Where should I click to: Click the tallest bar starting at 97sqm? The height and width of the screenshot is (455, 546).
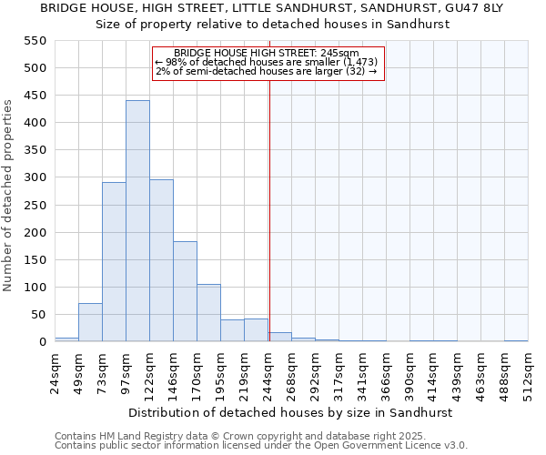click(x=137, y=221)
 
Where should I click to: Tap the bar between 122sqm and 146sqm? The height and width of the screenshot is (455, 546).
click(x=161, y=260)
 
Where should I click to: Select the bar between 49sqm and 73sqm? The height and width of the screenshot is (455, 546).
click(x=90, y=322)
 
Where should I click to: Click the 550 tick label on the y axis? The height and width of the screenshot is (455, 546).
click(x=35, y=41)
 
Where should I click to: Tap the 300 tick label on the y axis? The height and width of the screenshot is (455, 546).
click(x=35, y=177)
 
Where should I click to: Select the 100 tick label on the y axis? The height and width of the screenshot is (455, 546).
click(x=35, y=288)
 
